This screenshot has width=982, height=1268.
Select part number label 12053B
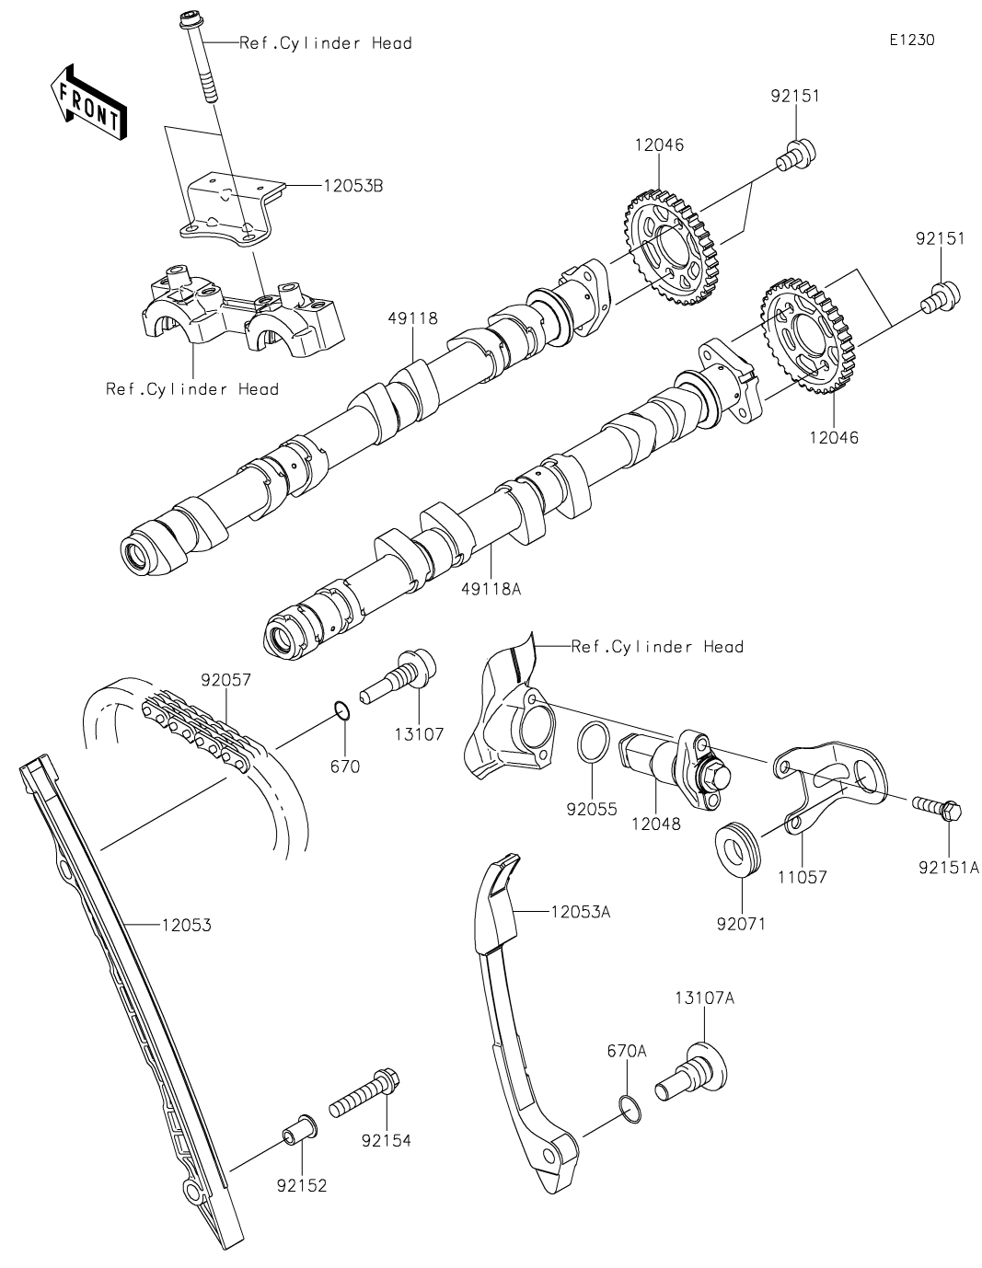pyautogui.click(x=353, y=185)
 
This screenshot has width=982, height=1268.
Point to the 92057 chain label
pyautogui.click(x=225, y=680)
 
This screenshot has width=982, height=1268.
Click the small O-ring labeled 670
pyautogui.click(x=341, y=710)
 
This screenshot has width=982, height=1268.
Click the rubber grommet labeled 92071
pyautogui.click(x=738, y=850)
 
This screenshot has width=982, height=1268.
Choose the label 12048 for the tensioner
pyautogui.click(x=655, y=824)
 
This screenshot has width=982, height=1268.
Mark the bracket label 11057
pyautogui.click(x=800, y=877)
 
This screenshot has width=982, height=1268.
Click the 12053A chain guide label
pyautogui.click(x=581, y=912)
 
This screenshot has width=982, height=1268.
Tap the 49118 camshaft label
pyautogui.click(x=412, y=318)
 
